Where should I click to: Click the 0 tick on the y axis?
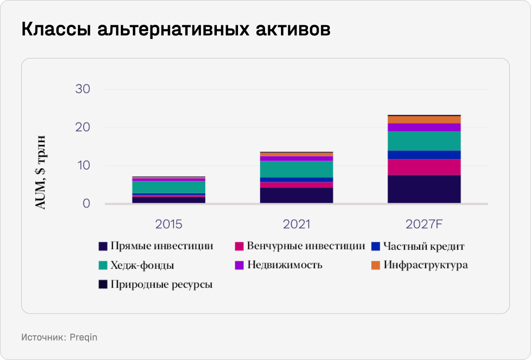tap(86, 204)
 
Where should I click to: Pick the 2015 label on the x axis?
tap(169, 224)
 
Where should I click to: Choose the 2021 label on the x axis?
tap(296, 224)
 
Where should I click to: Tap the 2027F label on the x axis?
tap(424, 224)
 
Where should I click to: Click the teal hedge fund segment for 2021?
tap(296, 169)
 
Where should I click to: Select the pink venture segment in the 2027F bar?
tap(424, 167)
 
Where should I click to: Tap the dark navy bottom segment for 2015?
tap(169, 200)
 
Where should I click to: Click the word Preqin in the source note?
tap(84, 337)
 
